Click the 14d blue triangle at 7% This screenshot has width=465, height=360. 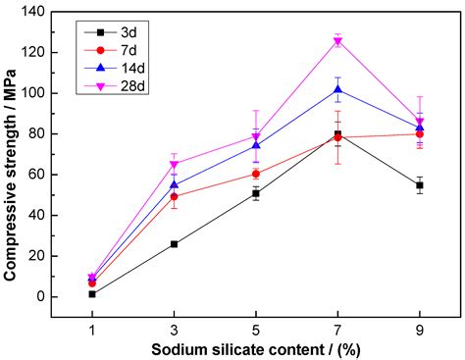tap(338, 89)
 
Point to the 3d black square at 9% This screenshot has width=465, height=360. tap(420, 184)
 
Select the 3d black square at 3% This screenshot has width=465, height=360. tap(174, 243)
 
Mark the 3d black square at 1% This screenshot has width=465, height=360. tap(92, 293)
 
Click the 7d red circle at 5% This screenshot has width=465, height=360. tap(256, 174)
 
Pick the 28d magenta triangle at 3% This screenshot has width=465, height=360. tap(174, 165)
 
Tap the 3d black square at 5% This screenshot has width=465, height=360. tap(256, 193)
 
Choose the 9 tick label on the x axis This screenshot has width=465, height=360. tap(420, 331)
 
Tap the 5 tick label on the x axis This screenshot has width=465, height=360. tap(256, 331)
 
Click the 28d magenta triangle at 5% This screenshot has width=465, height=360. tap(256, 136)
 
